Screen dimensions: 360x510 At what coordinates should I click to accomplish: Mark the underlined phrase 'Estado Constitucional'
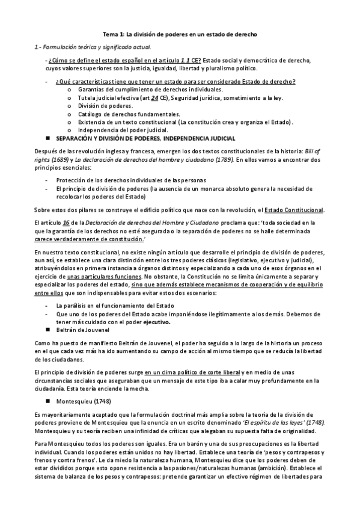pos(296,210)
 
